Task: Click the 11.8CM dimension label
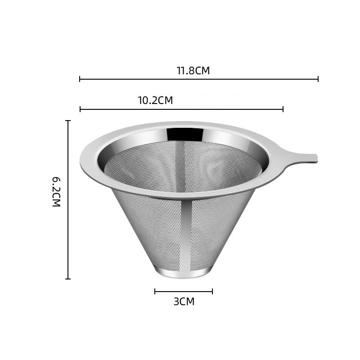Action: click(x=193, y=71)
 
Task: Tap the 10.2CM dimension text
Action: click(x=155, y=100)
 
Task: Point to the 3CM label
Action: click(x=184, y=301)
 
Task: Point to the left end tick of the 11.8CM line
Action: click(x=80, y=79)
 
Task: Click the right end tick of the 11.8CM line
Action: click(x=318, y=79)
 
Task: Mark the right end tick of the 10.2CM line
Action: click(x=283, y=109)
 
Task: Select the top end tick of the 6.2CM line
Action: click(x=68, y=121)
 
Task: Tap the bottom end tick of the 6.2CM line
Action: click(x=68, y=279)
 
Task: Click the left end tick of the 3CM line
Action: click(x=155, y=291)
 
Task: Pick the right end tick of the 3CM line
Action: click(x=212, y=291)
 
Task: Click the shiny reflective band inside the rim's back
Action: click(x=184, y=134)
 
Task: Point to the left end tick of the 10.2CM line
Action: click(x=80, y=109)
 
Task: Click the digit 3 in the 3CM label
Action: click(x=176, y=301)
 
